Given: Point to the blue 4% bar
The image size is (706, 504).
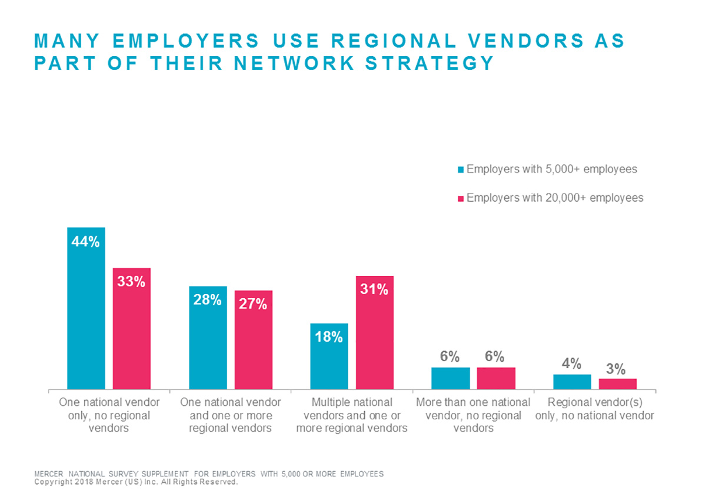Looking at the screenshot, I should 572,382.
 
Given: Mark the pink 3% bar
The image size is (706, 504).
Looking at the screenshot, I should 618,383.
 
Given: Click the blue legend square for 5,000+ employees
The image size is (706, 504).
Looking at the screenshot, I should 461,170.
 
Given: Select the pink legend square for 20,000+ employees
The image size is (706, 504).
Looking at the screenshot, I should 461,198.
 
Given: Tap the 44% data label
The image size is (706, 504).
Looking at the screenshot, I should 86,242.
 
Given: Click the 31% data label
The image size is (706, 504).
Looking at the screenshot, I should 374,289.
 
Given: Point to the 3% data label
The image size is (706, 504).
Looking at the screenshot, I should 616,369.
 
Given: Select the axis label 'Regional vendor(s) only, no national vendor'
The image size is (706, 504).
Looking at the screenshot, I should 594,409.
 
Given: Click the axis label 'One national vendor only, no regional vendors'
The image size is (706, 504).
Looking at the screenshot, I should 109,415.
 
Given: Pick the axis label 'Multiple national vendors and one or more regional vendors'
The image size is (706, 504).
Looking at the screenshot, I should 352,415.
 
